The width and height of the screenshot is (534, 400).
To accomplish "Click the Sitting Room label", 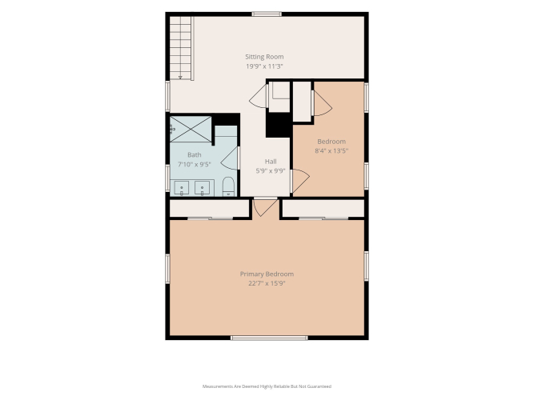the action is click(264, 57).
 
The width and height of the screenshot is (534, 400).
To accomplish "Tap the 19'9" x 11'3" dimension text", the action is click(265, 66).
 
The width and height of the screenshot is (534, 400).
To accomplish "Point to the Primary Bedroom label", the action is click(267, 274).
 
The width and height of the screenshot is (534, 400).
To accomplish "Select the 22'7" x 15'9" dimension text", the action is click(267, 283).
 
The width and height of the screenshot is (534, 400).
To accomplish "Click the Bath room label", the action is click(195, 155).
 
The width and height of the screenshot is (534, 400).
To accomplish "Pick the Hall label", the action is click(271, 162).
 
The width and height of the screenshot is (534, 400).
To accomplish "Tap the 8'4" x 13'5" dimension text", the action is click(331, 151).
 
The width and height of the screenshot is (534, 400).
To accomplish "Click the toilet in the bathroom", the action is click(228, 186).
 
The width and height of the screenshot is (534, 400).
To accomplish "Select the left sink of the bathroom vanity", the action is click(182, 188).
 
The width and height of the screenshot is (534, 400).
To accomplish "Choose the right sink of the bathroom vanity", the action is click(203, 188).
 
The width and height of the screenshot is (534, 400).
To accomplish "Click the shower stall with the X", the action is click(191, 129).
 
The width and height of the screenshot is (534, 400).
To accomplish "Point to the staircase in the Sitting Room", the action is click(182, 48).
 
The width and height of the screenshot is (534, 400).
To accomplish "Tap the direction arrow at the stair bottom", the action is click(180, 78).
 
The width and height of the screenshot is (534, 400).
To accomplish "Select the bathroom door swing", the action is click(230, 158).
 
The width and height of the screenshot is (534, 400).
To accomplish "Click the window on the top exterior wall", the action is click(267, 14).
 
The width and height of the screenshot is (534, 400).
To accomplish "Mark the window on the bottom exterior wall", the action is click(269, 338).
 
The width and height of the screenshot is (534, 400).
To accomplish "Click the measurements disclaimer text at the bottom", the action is click(267, 386).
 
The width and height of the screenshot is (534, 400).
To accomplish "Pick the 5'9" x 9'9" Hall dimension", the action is click(271, 171).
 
